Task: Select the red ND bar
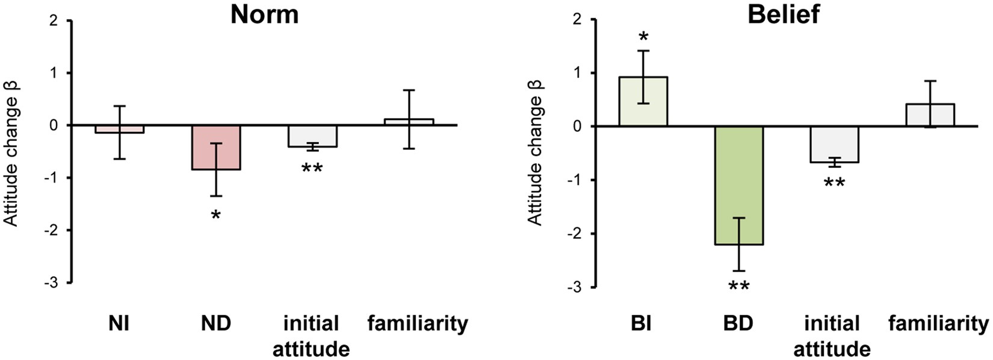click(x=217, y=147)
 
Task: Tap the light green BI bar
click(x=643, y=102)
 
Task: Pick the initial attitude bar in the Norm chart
click(x=312, y=136)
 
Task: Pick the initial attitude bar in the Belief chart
click(x=835, y=144)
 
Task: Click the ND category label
click(x=216, y=324)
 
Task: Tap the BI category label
click(x=642, y=324)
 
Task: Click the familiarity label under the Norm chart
click(x=418, y=324)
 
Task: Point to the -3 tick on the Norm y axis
click(x=55, y=282)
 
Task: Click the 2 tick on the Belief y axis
click(x=577, y=20)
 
